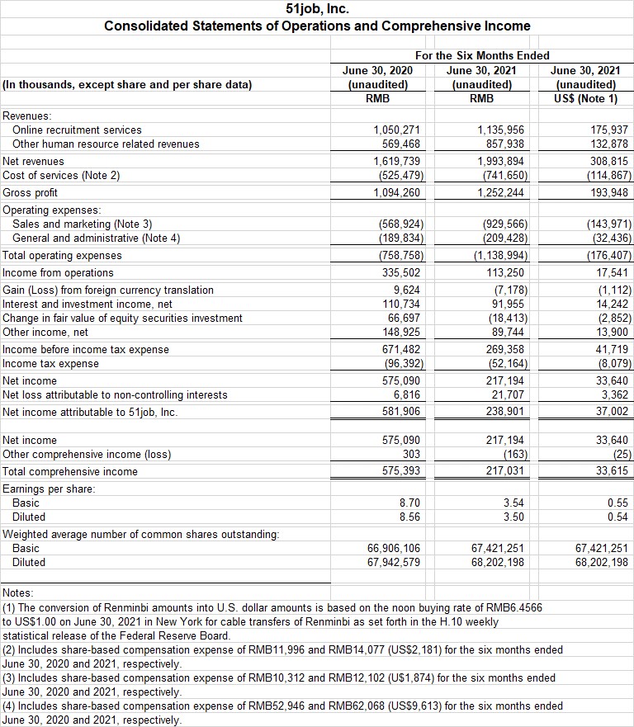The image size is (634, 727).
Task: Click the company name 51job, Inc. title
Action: (317, 10)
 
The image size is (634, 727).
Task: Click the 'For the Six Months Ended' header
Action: (482, 55)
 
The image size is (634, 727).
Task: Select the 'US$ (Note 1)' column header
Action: (588, 99)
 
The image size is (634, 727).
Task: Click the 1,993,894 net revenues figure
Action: (501, 161)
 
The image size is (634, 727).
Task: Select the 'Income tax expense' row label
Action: (51, 364)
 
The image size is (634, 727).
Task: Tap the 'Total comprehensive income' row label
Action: (70, 472)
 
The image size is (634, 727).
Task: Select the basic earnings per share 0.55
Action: (617, 503)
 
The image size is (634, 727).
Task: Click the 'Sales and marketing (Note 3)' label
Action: (83, 224)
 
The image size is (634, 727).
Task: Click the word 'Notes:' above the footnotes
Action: (18, 593)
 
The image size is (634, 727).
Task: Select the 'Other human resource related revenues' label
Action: (106, 144)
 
